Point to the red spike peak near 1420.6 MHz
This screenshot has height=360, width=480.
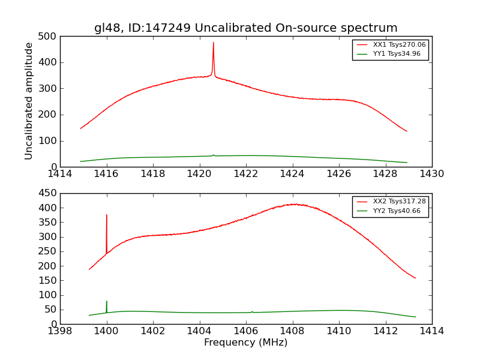tap(213, 43)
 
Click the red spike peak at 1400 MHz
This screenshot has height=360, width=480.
tap(107, 215)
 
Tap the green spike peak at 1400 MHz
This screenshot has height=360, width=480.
tap(107, 301)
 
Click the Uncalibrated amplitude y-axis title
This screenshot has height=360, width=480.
tap(29, 101)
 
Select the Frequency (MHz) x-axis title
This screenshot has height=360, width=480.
tap(245, 343)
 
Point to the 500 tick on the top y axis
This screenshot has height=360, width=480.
tap(50, 36)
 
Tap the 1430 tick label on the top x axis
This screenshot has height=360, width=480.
tap(431, 174)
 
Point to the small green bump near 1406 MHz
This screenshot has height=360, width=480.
tap(252, 311)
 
